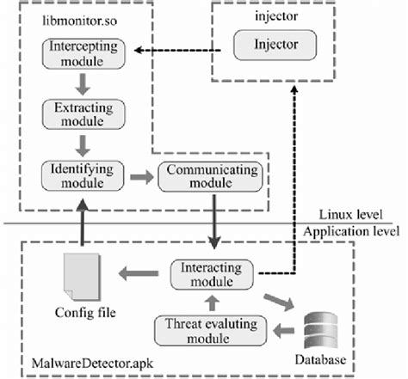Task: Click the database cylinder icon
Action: point(323,328)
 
